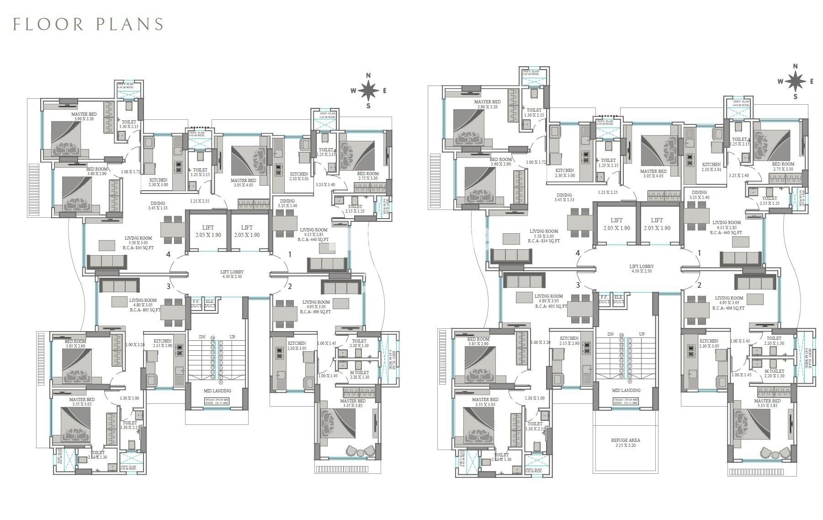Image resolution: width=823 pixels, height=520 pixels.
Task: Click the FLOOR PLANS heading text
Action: coord(88,24)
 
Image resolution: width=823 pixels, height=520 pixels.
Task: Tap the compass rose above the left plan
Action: coord(368,91)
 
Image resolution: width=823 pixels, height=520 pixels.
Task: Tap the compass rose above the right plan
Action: coord(796,81)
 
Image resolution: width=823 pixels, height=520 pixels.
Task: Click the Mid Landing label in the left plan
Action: coord(217,391)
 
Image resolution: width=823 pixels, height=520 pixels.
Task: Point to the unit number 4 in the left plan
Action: coord(169,254)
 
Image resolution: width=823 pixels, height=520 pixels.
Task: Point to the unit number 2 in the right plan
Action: coord(699,285)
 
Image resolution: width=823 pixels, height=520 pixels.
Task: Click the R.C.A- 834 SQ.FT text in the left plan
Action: coord(138,247)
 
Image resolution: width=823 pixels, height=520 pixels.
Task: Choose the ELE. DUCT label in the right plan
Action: coord(618,299)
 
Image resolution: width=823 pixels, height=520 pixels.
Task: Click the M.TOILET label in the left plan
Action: coord(359,372)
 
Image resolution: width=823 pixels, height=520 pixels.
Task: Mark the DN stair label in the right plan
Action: coord(610,334)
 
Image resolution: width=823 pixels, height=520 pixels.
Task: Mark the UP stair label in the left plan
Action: coord(232,337)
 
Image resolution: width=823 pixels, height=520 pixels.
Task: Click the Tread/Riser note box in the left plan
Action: coord(217,402)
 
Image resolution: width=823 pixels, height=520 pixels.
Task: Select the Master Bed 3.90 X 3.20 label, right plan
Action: coord(487,104)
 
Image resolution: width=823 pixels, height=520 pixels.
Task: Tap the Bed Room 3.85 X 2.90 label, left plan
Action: coord(75,344)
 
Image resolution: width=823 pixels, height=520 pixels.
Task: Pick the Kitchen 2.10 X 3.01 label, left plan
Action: coord(299,176)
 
